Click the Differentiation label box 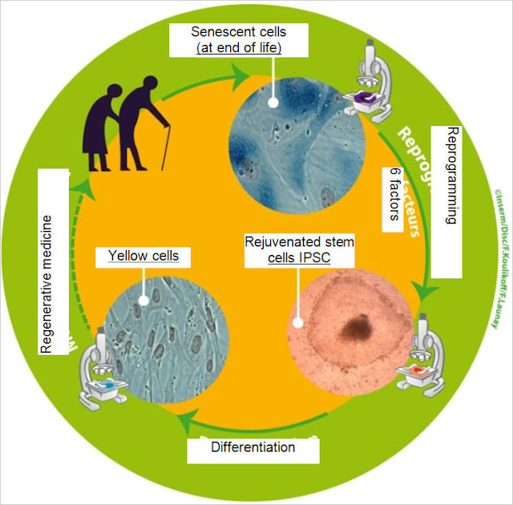pyautogui.click(x=253, y=446)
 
